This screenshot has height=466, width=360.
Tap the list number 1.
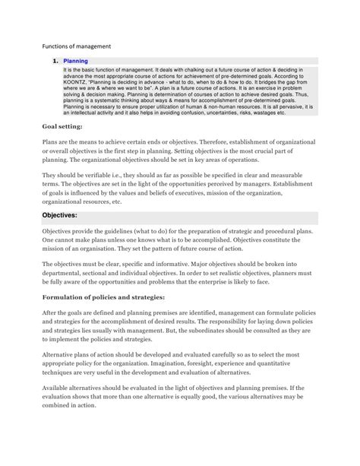click(55, 61)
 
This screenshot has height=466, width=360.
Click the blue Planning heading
click(76, 61)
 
